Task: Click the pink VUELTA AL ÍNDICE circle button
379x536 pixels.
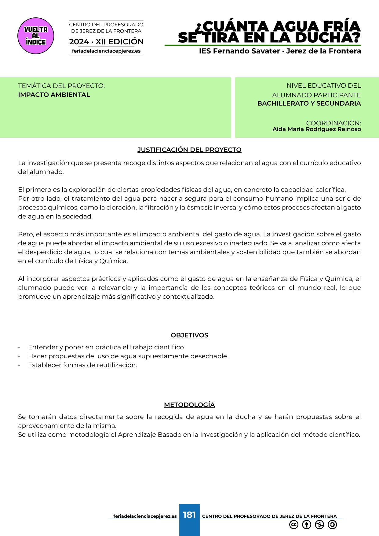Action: click(36, 36)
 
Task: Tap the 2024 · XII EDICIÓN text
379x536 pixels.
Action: click(106, 42)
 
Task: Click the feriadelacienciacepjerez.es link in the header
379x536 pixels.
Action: click(106, 51)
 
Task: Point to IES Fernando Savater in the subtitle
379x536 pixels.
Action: click(239, 51)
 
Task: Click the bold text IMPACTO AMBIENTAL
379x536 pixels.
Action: click(54, 95)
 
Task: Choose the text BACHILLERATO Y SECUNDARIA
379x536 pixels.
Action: click(309, 103)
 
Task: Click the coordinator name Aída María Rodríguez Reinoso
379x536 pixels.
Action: click(316, 129)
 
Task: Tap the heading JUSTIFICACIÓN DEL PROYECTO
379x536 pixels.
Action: click(189, 150)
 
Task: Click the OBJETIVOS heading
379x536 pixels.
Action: click(189, 335)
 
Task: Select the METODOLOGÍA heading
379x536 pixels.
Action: click(189, 405)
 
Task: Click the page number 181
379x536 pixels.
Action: click(189, 515)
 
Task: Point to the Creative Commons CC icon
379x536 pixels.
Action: click(294, 525)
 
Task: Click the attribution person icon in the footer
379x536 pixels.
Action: click(307, 525)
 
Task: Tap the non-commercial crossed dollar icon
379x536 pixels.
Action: click(319, 525)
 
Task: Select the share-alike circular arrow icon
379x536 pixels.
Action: click(332, 525)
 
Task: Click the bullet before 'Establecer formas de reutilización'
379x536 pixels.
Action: click(19, 365)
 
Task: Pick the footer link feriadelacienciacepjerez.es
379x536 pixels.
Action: click(145, 516)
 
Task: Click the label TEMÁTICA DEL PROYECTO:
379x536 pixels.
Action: click(61, 86)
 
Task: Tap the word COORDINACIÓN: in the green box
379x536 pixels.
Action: click(333, 123)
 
